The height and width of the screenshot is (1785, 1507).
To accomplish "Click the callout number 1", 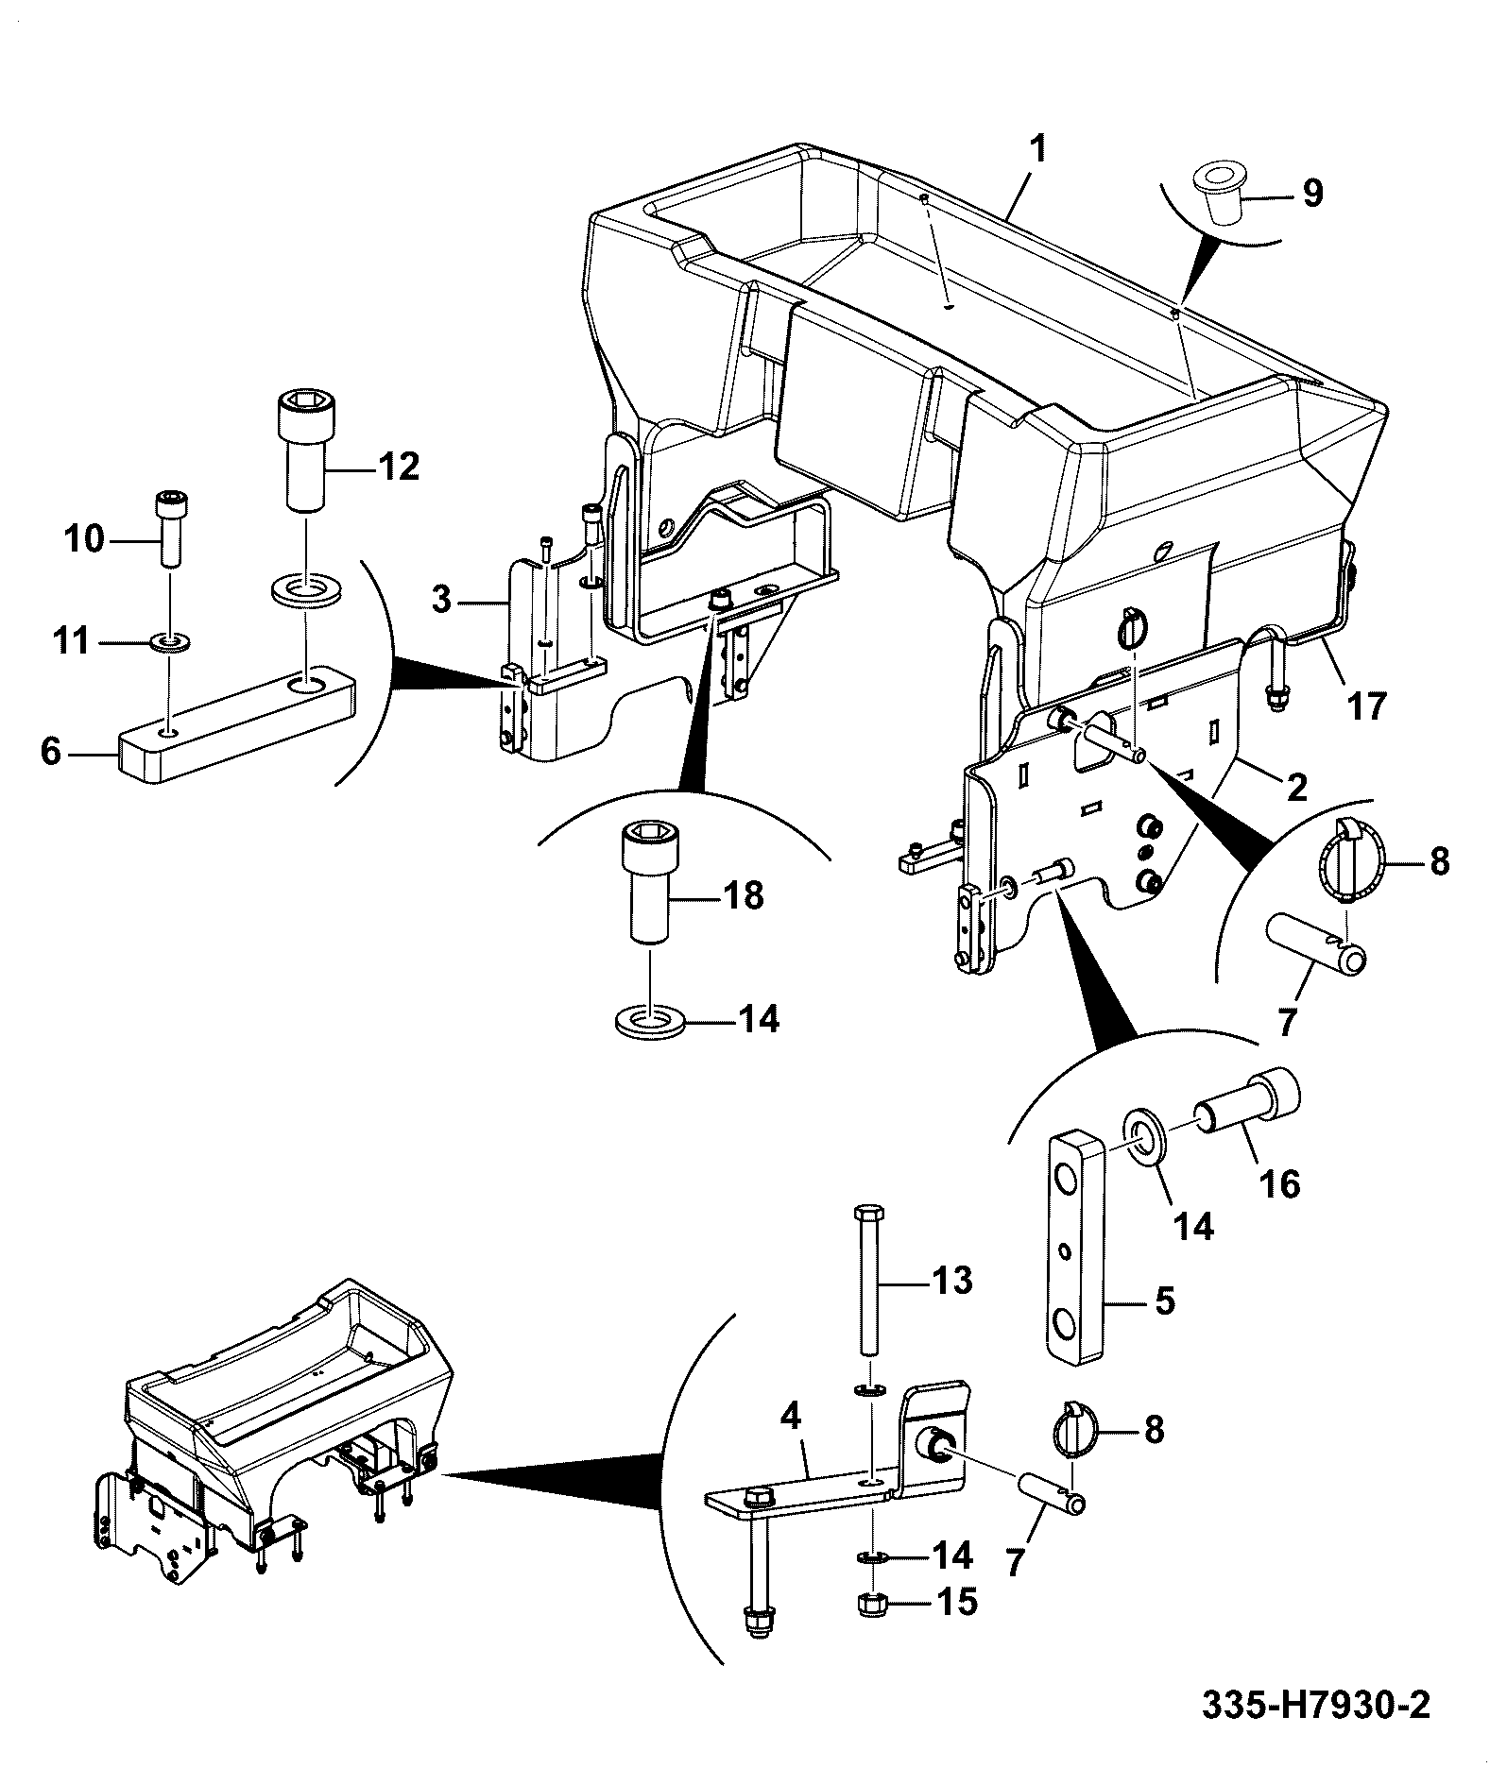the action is [x=1036, y=149].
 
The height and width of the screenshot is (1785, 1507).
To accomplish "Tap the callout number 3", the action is [x=442, y=600].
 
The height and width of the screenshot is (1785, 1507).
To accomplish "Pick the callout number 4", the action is [x=791, y=1442].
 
